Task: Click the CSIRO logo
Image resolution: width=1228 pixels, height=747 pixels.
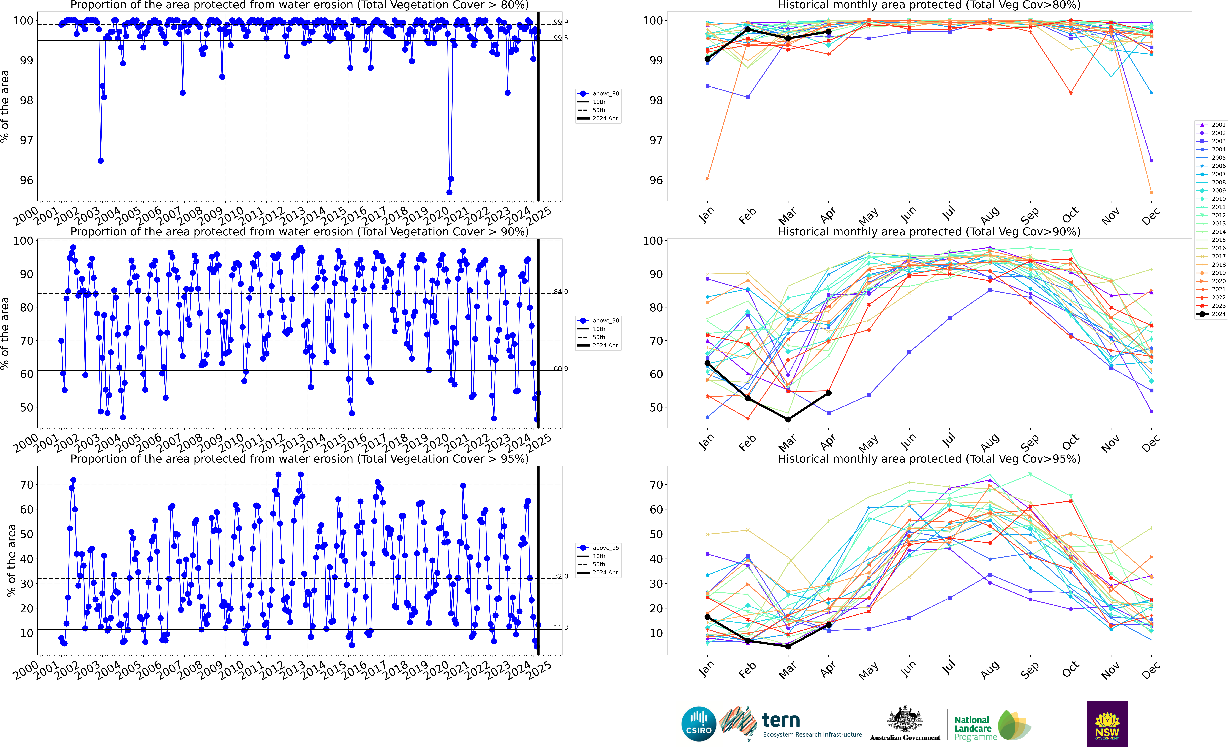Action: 698,724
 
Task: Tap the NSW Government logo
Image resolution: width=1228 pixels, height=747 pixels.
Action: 1107,724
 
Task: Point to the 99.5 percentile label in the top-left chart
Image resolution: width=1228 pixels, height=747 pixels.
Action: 561,38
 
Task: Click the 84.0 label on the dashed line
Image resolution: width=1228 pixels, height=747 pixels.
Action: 561,292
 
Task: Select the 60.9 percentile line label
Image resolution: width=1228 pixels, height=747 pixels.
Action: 561,368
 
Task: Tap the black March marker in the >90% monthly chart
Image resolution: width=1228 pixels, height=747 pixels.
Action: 788,419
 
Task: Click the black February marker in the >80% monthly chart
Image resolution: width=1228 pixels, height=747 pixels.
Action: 748,29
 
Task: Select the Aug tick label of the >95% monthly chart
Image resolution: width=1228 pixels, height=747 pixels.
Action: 989,670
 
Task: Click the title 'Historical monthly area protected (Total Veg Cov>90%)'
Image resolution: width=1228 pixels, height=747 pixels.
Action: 929,232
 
